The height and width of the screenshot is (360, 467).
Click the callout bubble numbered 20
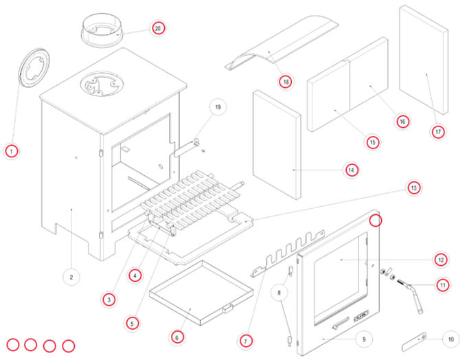click(x=158, y=29)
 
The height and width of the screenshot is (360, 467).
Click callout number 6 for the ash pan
click(x=176, y=337)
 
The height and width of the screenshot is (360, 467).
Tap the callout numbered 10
click(x=450, y=338)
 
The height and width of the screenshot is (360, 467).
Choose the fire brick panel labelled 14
click(x=277, y=143)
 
